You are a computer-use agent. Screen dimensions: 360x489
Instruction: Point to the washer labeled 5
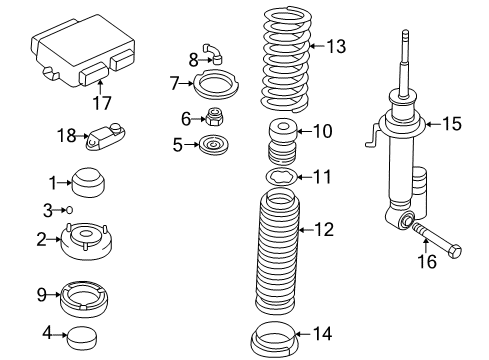click(213, 146)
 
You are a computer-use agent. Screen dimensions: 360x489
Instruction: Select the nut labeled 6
click(213, 117)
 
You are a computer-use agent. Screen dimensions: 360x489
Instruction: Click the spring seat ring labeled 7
click(213, 82)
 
